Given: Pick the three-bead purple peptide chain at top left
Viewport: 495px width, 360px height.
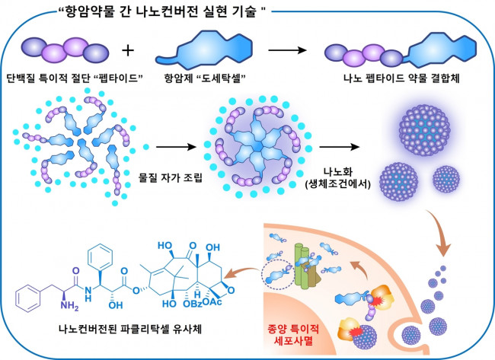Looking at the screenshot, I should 62,50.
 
